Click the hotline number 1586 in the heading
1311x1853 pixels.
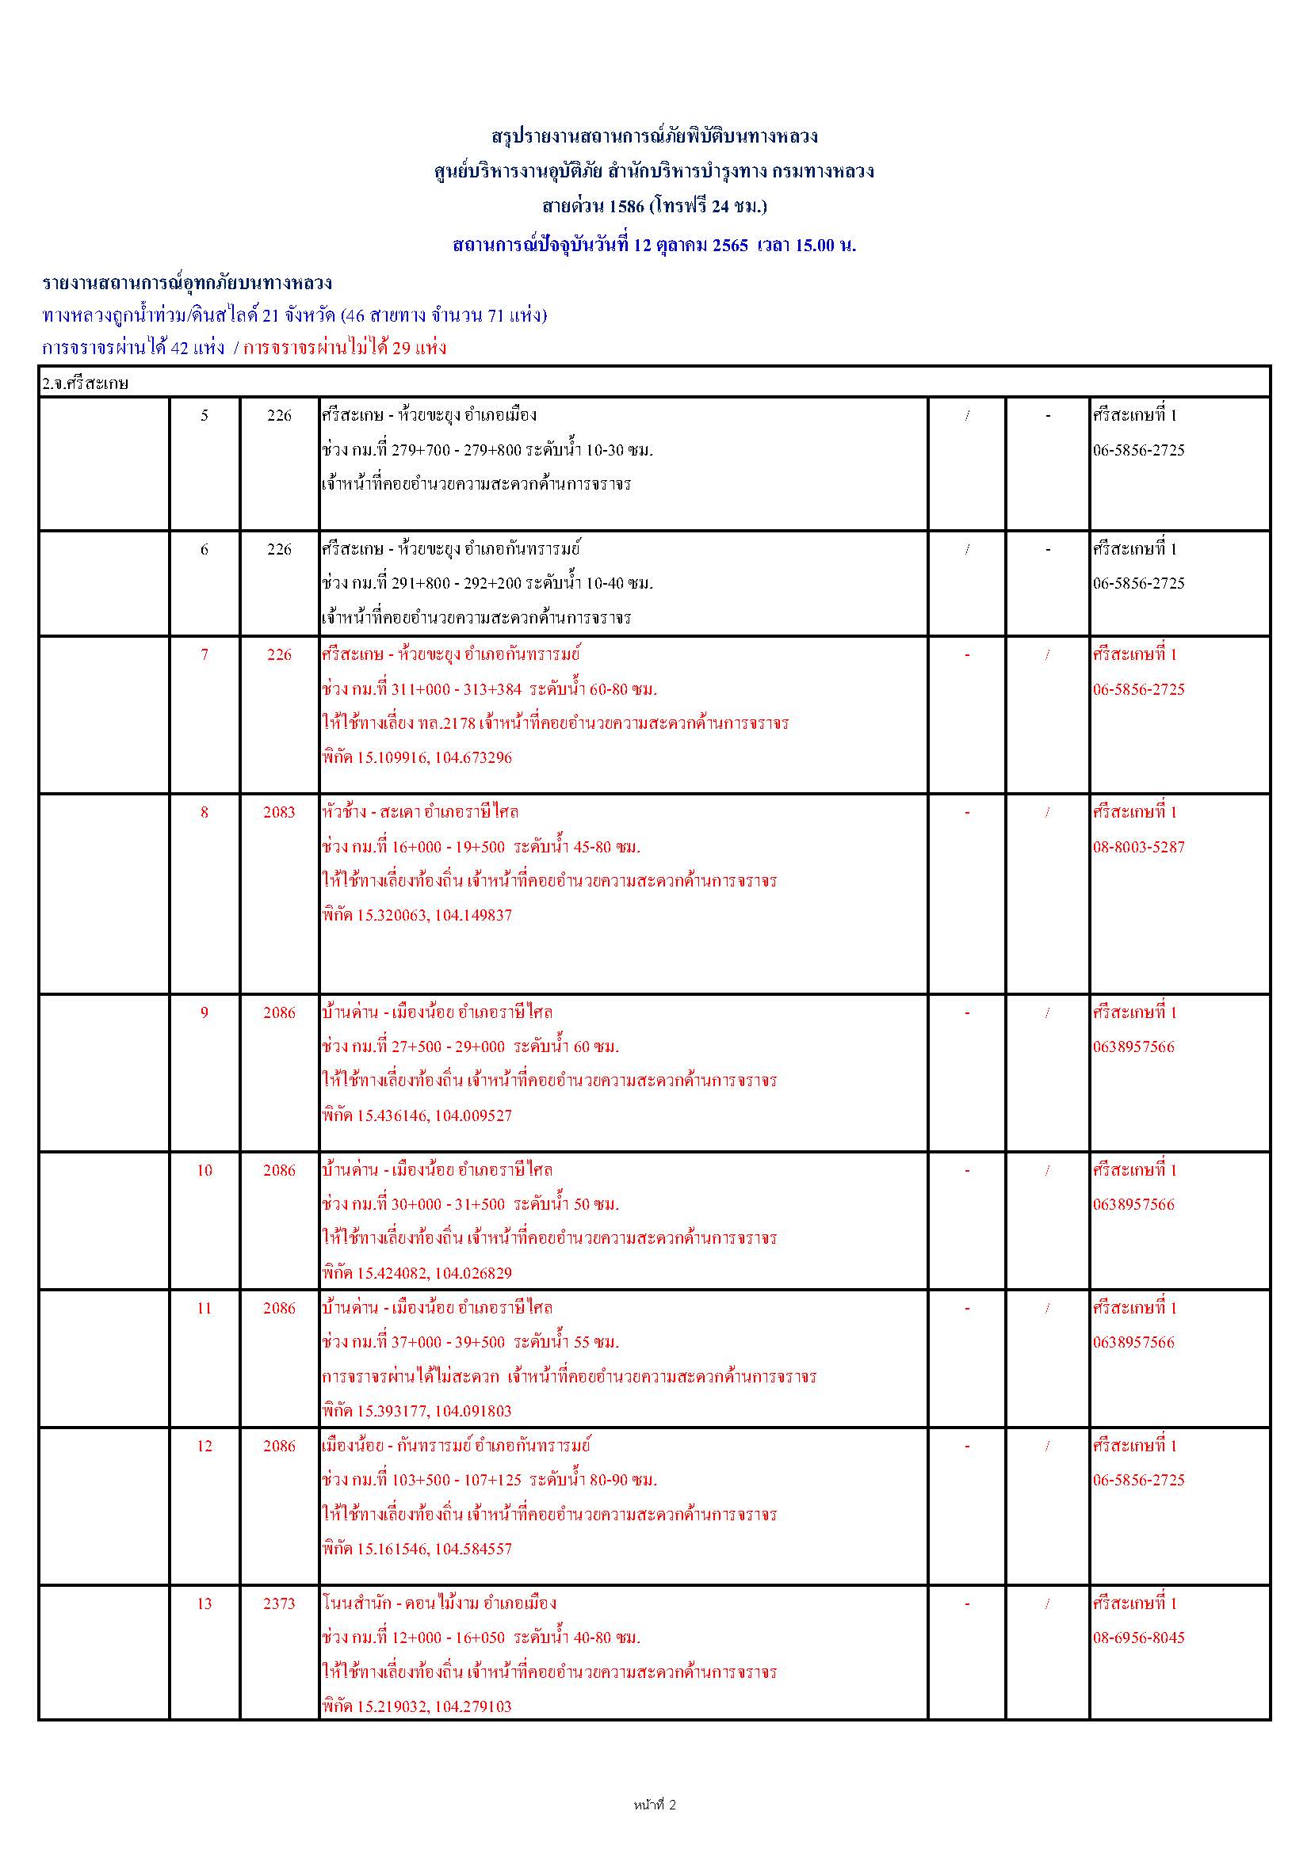pos(626,207)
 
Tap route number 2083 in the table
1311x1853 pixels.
pos(279,812)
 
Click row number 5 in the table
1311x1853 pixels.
pos(204,416)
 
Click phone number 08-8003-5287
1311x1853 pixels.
pos(1138,848)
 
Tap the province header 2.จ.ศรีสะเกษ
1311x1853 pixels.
pos(86,383)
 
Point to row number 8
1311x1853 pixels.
pos(204,812)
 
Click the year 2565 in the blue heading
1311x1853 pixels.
pos(730,246)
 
